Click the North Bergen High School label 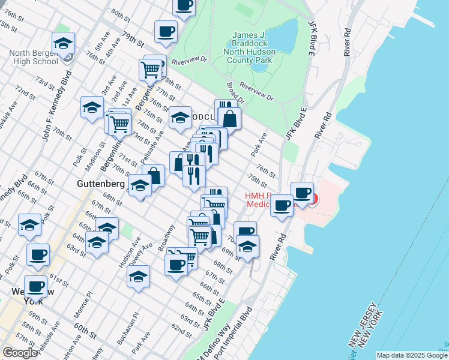point(34,57)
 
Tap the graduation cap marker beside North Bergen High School point(64,43)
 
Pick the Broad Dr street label point(235,92)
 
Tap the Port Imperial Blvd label point(247,333)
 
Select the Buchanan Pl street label point(127,328)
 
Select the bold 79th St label point(133,40)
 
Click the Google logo point(20,353)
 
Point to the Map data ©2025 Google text point(412,355)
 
